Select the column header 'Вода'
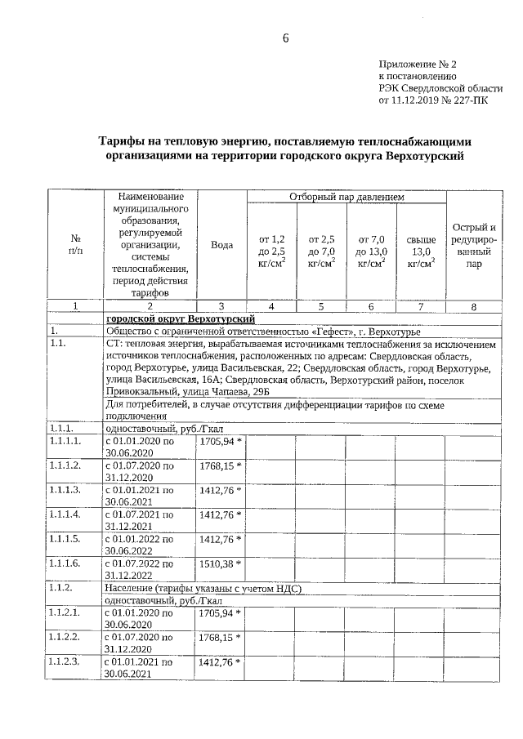221,245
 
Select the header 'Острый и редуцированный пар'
473,245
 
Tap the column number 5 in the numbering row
321,306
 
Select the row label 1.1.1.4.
69,515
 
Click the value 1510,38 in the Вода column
217,564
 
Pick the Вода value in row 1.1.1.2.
217,466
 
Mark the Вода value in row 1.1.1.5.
217,540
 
